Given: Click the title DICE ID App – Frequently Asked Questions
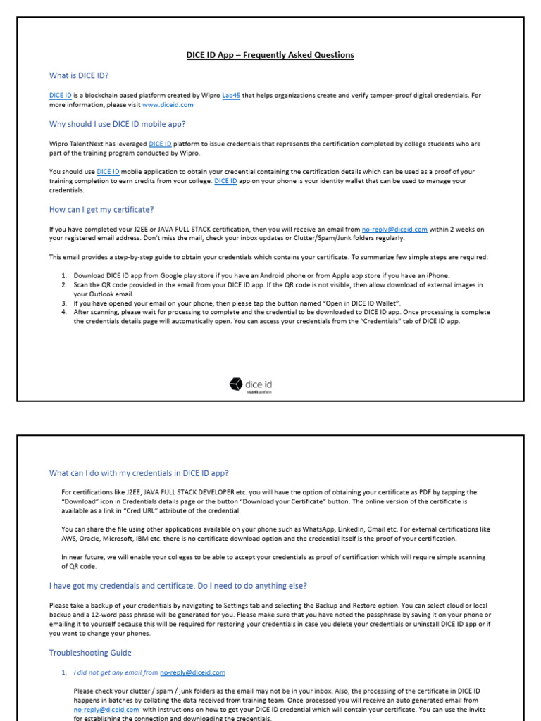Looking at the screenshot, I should (x=270, y=55).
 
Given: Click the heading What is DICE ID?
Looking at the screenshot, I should (x=79, y=75).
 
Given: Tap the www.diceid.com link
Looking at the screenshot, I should (x=168, y=104).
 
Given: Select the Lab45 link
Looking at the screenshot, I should (x=231, y=95).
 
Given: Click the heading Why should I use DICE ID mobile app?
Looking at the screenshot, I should (x=117, y=124).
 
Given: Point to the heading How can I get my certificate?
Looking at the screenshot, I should (x=101, y=209).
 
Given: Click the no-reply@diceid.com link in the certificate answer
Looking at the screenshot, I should (x=394, y=229).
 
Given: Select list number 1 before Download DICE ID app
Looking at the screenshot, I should (x=63, y=275).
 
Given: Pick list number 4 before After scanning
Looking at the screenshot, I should (x=63, y=311).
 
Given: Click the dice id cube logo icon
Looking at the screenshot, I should (x=235, y=384).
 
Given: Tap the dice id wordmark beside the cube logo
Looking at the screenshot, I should (x=259, y=384).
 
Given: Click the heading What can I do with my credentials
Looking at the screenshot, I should (x=139, y=472).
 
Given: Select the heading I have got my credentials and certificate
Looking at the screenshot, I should (x=178, y=586).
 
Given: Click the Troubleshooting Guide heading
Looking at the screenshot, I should (x=90, y=653).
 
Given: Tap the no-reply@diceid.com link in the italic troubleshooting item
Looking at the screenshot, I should (x=192, y=672).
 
